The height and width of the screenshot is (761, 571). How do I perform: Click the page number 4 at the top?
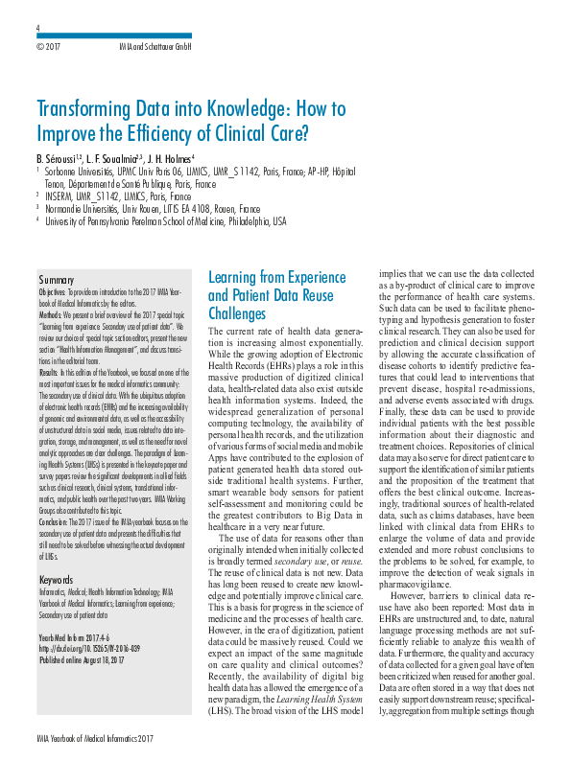tap(37, 29)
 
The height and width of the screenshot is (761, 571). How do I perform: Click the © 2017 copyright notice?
tap(48, 45)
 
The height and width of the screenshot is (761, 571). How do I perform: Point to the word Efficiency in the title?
tap(200, 132)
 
